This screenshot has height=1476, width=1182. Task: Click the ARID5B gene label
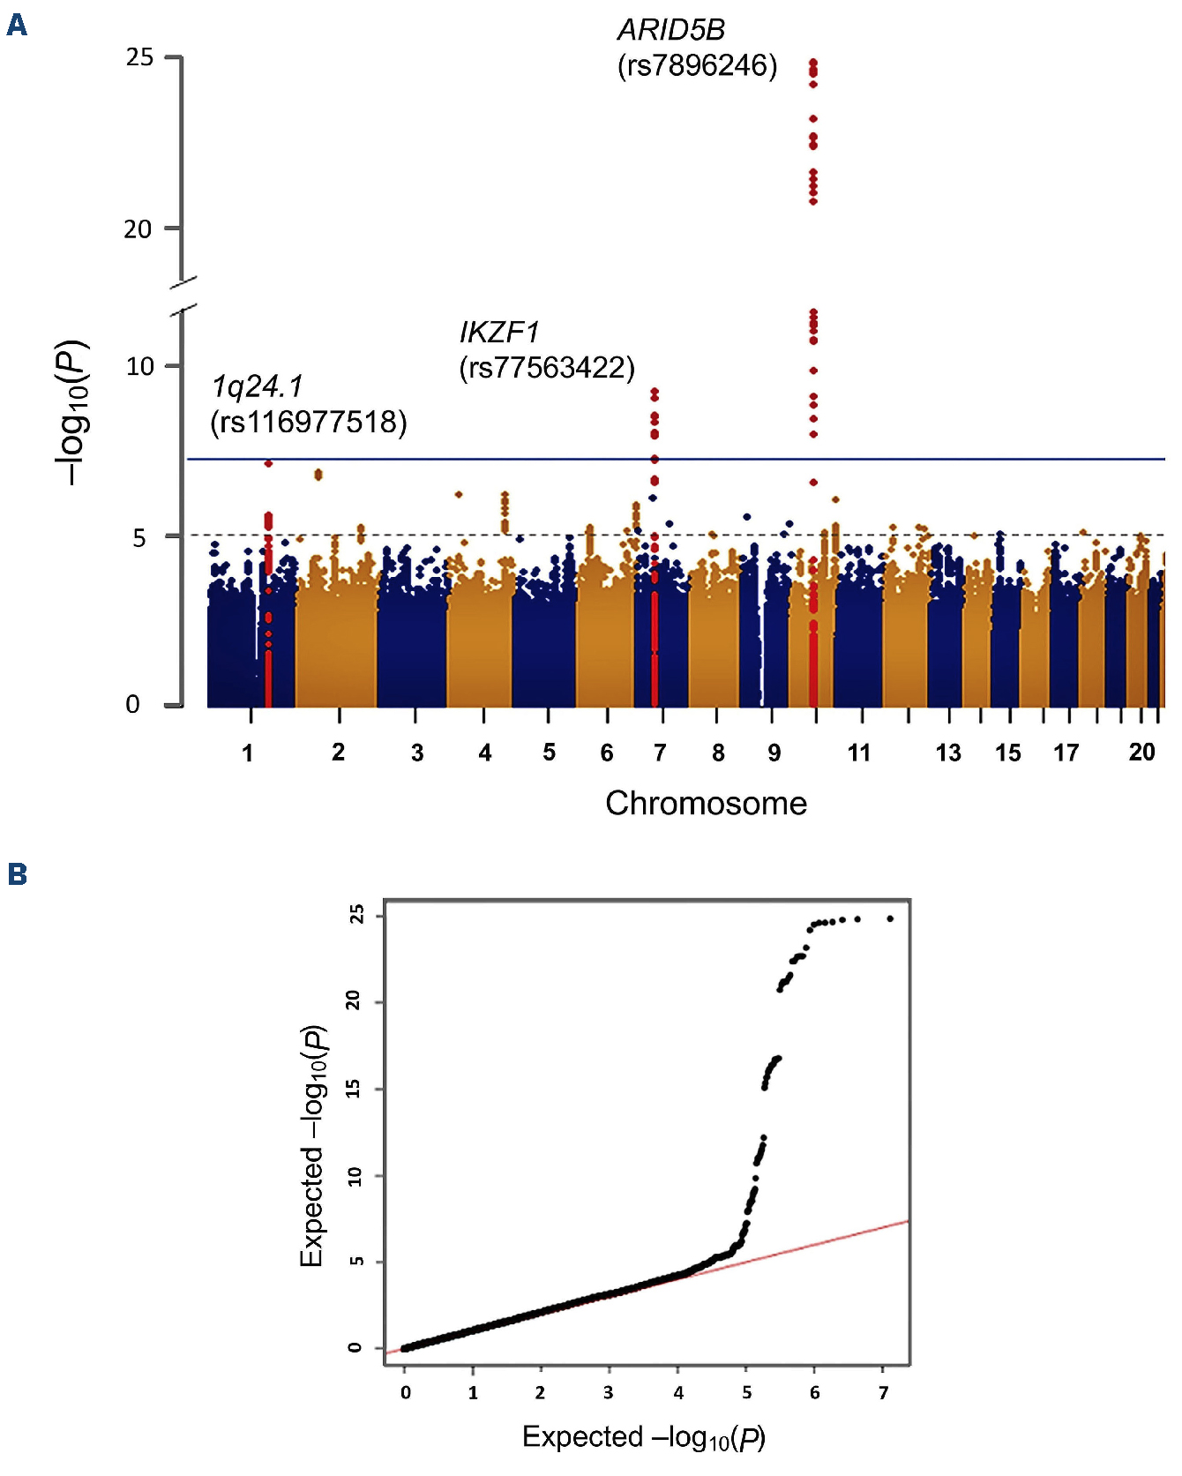tap(671, 30)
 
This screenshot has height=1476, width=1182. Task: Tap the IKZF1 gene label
tap(499, 333)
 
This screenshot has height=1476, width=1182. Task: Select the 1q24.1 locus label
tap(257, 386)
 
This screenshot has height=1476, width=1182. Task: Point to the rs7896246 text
tap(697, 66)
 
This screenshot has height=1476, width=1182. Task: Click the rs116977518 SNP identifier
tap(309, 423)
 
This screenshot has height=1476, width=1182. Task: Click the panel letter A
tap(17, 26)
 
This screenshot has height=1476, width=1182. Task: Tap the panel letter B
tap(17, 874)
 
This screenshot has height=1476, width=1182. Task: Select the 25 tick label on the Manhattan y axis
tap(139, 57)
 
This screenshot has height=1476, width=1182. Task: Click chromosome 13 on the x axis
tap(948, 753)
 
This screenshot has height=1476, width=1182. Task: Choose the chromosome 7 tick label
tap(660, 753)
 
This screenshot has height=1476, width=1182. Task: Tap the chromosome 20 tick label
tap(1141, 752)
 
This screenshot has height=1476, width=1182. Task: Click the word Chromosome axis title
tap(706, 803)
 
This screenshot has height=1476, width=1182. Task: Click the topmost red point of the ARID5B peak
tap(813, 63)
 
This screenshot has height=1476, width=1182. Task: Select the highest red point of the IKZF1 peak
tap(655, 391)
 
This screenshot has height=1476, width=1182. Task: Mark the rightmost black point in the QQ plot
tap(890, 918)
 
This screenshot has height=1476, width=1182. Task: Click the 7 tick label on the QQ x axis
tap(884, 1392)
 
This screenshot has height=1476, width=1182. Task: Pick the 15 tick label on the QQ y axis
tap(355, 1089)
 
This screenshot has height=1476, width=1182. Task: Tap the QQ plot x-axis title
tap(644, 1437)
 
